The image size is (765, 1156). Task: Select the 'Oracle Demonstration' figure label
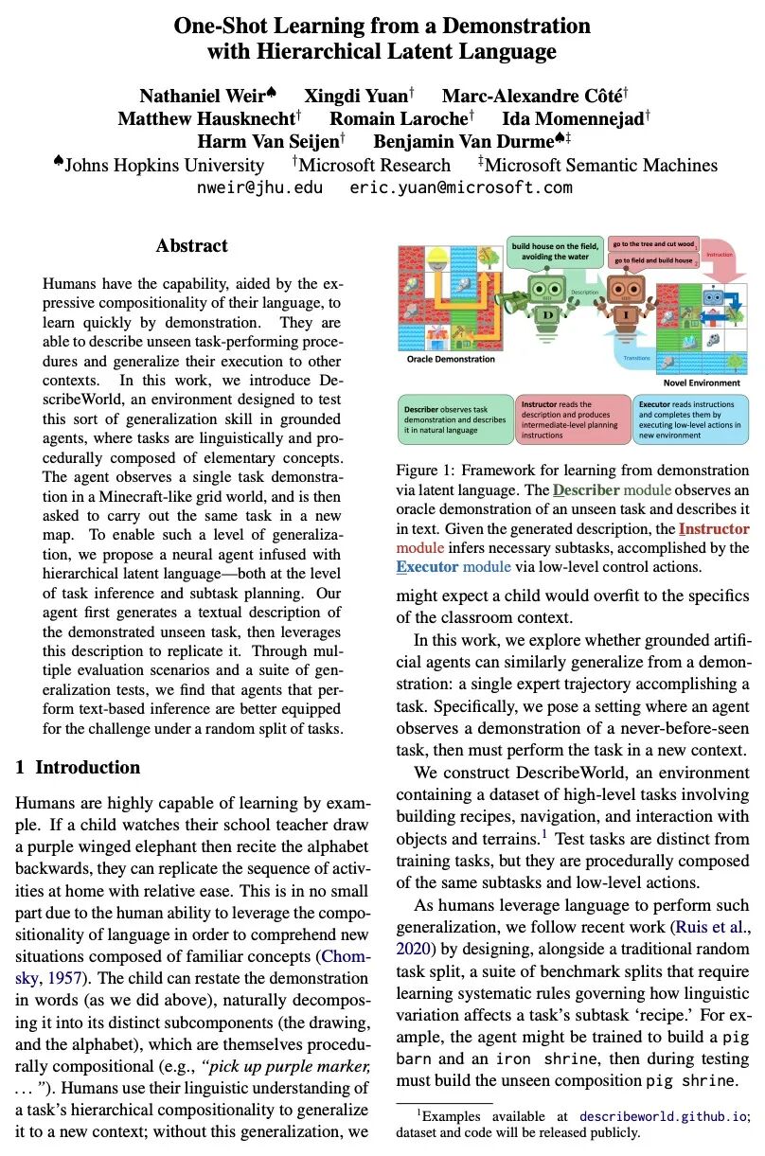coord(451,360)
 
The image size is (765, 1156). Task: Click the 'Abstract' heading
coord(191,246)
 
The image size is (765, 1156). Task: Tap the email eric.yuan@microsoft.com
coord(461,187)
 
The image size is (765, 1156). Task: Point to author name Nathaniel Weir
coord(202,96)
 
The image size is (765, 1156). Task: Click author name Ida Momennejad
coord(588,118)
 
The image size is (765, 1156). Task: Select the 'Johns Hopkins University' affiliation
coord(156,165)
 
